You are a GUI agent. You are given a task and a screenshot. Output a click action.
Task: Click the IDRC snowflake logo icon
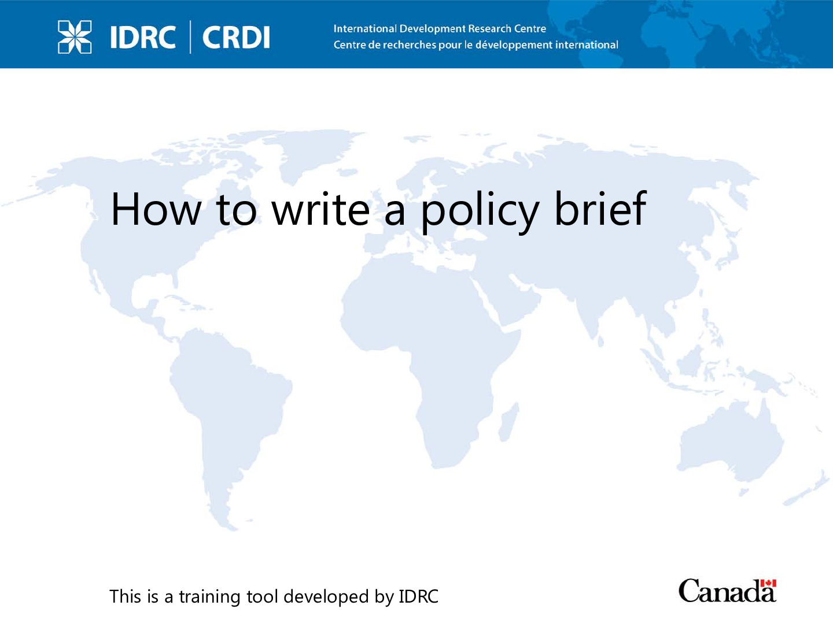click(x=75, y=37)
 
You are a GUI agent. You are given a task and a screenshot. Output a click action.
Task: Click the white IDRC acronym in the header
click(x=143, y=37)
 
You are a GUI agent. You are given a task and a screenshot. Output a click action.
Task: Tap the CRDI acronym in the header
click(x=236, y=37)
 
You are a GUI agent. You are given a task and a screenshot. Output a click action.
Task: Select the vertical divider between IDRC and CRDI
click(x=190, y=37)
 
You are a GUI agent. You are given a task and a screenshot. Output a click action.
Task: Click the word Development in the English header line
click(x=432, y=29)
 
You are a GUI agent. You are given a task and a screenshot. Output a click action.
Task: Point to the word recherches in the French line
click(x=409, y=44)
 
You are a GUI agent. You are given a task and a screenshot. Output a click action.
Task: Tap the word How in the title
click(x=156, y=209)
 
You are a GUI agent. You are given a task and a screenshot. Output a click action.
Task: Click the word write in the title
click(x=320, y=209)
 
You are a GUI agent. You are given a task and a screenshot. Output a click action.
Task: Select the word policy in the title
click(x=481, y=212)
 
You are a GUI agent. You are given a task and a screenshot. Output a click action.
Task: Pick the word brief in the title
click(x=600, y=209)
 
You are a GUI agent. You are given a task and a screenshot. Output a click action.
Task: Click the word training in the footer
click(x=210, y=597)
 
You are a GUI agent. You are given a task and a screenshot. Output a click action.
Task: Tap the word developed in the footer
click(x=326, y=597)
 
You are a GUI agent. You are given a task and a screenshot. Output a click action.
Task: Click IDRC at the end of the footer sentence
click(x=418, y=596)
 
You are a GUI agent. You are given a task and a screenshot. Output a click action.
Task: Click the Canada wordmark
click(x=727, y=590)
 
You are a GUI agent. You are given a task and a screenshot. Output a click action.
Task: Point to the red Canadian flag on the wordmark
click(x=768, y=584)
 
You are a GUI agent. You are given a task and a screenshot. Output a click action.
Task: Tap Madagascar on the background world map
click(x=508, y=422)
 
